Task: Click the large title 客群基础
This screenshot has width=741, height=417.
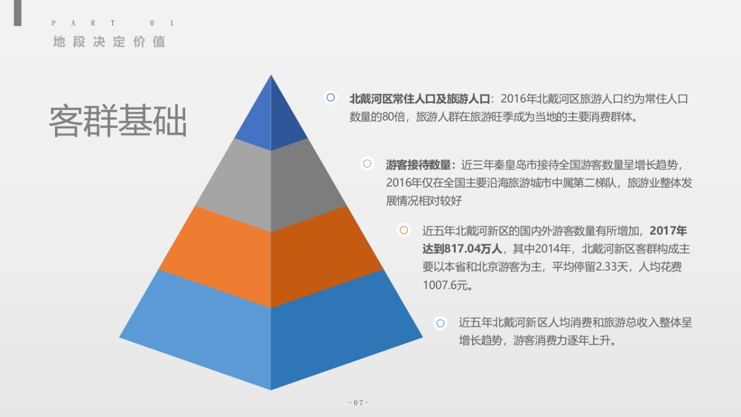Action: click(x=118, y=120)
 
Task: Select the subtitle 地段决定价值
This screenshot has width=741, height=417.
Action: click(x=109, y=42)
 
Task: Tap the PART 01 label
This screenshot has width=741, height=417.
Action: click(x=113, y=23)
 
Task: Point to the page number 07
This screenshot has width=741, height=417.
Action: click(x=359, y=403)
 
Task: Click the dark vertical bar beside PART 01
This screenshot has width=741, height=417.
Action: click(x=17, y=13)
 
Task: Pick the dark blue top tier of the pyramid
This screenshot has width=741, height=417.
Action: click(x=271, y=112)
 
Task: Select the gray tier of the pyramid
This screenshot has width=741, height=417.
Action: click(x=271, y=185)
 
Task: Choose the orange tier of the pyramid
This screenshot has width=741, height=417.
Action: click(x=271, y=257)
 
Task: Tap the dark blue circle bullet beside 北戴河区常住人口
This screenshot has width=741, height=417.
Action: click(x=330, y=98)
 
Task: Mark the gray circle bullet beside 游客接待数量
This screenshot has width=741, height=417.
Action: click(x=367, y=164)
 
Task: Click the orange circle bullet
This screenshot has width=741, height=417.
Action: click(x=404, y=230)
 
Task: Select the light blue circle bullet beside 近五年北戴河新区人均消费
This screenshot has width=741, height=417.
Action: click(x=440, y=323)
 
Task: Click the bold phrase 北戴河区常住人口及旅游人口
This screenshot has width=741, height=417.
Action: click(x=420, y=99)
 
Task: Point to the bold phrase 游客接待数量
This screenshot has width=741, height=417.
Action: click(x=418, y=165)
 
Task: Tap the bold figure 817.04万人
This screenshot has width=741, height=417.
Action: click(x=473, y=248)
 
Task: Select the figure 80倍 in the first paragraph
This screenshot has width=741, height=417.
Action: click(x=394, y=117)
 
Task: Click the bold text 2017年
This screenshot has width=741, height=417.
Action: click(x=668, y=230)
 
